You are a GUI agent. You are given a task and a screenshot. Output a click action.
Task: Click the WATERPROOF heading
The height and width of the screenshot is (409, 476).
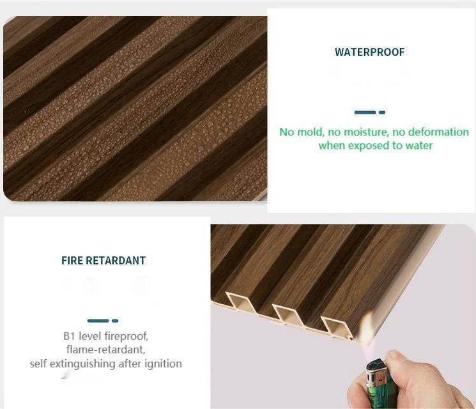pos(370,52)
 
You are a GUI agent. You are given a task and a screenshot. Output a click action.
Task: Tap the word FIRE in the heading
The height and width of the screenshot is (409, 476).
pos(72,261)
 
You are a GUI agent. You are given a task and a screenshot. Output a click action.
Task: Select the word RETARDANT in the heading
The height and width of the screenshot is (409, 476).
pos(116,261)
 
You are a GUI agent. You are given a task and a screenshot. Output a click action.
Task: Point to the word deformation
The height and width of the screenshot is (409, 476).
pos(438,132)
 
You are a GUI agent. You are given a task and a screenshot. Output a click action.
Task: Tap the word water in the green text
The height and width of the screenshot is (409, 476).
pos(419,146)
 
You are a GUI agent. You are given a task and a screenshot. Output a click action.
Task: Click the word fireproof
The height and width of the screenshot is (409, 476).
pos(126,336)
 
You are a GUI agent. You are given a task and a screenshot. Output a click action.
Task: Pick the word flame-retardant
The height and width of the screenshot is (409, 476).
pos(105,350)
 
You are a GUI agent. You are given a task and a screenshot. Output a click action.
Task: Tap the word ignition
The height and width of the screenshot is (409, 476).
pos(163,364)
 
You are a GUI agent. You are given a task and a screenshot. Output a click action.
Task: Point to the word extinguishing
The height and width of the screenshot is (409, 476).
pos(82,364)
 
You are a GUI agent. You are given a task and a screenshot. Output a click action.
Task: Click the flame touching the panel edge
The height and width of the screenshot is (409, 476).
pos(368,324)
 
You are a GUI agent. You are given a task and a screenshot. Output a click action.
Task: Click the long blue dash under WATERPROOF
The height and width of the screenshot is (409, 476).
pos(365,112)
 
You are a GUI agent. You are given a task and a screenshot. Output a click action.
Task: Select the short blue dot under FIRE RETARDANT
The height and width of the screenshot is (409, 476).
pos(115,321)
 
